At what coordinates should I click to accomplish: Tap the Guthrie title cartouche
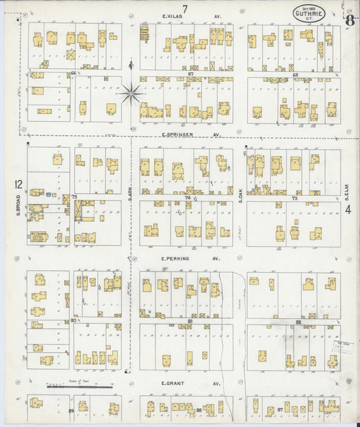click(x=308, y=13)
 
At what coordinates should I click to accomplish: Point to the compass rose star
click(x=131, y=93)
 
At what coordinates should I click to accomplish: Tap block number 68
click(x=295, y=74)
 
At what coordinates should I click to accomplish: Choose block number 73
click(x=294, y=199)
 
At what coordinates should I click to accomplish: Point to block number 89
click(x=70, y=411)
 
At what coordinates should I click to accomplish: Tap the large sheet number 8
click(x=349, y=20)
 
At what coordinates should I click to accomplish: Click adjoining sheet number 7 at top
click(x=183, y=7)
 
